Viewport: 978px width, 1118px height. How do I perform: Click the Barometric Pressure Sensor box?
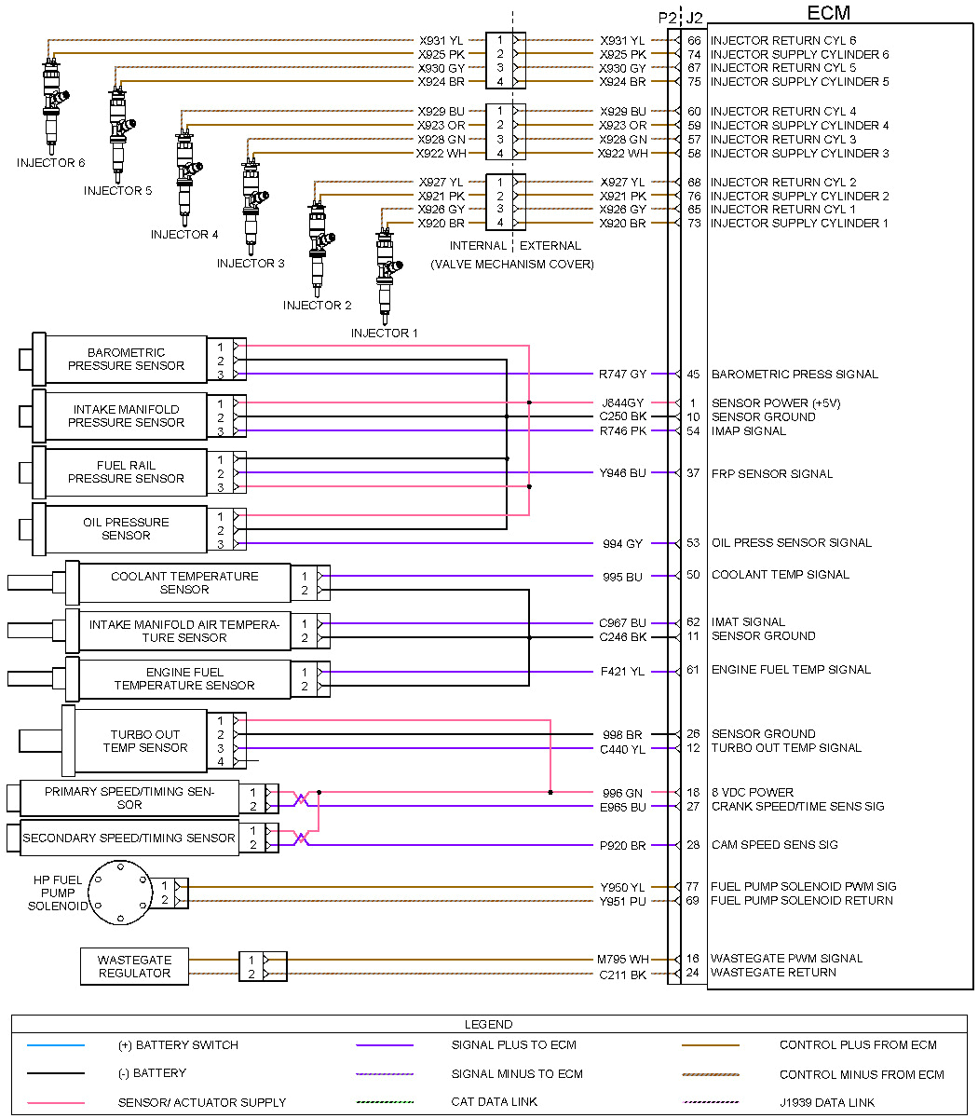pos(126,360)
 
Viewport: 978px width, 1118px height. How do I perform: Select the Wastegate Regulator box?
pos(134,966)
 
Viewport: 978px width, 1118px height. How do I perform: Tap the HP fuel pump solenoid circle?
pos(120,893)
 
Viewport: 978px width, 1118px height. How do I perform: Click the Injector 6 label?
pos(51,163)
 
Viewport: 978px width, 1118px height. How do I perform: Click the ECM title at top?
pos(828,13)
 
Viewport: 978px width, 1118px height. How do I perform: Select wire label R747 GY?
pos(622,375)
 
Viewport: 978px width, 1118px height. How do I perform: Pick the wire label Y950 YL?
pos(622,887)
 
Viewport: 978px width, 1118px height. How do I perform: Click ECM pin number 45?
pos(693,375)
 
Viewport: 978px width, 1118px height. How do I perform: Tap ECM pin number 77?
pos(693,887)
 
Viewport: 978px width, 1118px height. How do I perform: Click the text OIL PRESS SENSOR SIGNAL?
pos(792,543)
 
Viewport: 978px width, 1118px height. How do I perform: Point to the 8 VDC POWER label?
pos(753,793)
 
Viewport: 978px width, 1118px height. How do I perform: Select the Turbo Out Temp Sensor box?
pos(145,741)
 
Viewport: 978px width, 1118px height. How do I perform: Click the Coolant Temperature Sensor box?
pos(184,583)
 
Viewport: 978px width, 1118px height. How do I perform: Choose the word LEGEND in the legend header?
pos(489,1025)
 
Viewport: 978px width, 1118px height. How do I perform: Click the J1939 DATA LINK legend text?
pos(827,1102)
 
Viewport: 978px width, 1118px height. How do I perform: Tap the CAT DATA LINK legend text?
pos(495,1102)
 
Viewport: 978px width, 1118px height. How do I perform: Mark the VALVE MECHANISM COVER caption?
pos(512,265)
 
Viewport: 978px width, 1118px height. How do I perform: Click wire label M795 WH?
pos(622,959)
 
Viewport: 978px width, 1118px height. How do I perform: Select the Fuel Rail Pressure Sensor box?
pos(126,472)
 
